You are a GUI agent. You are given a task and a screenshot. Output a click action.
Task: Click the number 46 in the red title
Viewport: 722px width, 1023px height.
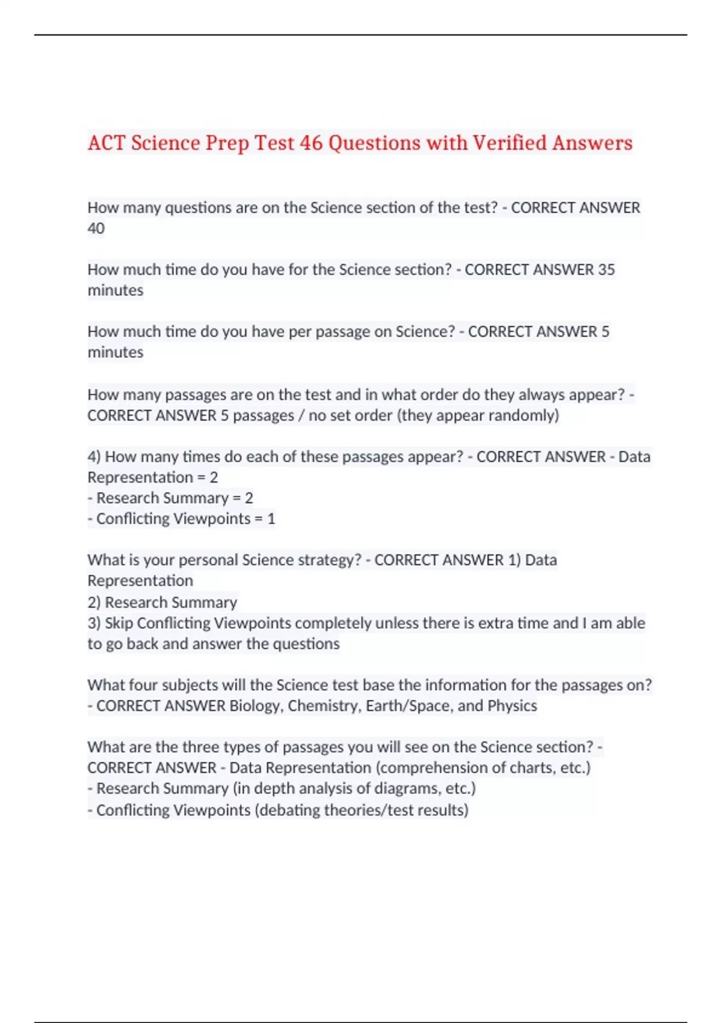click(311, 143)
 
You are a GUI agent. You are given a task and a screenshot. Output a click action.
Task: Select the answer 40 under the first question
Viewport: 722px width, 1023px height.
click(96, 229)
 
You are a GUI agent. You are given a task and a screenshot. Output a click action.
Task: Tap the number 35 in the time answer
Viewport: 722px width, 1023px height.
click(606, 270)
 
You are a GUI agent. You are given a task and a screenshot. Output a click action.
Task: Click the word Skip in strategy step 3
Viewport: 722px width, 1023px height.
click(119, 623)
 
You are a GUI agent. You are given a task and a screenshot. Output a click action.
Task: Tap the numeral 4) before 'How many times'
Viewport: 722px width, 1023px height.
click(94, 457)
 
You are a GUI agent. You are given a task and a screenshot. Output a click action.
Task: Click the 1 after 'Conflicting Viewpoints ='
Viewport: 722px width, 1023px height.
click(271, 519)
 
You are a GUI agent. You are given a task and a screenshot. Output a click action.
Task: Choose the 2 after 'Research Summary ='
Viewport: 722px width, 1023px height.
click(249, 498)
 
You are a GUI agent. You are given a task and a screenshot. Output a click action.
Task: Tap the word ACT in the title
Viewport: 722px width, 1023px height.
click(106, 143)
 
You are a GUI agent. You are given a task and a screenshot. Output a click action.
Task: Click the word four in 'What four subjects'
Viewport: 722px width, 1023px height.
click(143, 685)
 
